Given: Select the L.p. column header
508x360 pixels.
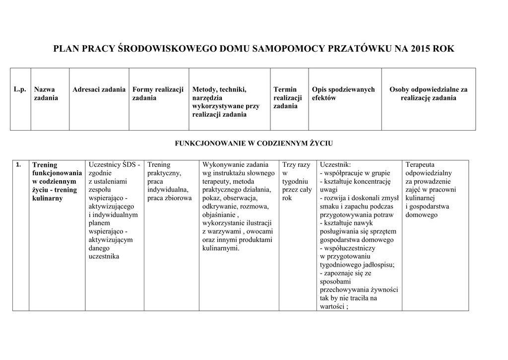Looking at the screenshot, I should pyautogui.click(x=19, y=89).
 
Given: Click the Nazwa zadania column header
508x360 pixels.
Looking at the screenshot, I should pyautogui.click(x=46, y=93).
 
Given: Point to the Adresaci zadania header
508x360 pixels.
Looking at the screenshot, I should pyautogui.click(x=99, y=89).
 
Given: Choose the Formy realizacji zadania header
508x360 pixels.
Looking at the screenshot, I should pyautogui.click(x=158, y=93).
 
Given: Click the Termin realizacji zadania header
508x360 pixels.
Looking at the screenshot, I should pyautogui.click(x=287, y=98).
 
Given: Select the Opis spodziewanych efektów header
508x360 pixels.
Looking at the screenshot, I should pyautogui.click(x=343, y=93).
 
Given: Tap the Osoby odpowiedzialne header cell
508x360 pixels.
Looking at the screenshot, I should pyautogui.click(x=428, y=93).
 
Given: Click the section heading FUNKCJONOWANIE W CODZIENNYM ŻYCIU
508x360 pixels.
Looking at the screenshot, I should pyautogui.click(x=254, y=143).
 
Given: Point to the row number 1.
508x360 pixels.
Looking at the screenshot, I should pyautogui.click(x=18, y=164).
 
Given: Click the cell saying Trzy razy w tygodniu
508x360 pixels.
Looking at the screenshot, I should pyautogui.click(x=296, y=181).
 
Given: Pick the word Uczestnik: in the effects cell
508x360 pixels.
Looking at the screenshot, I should pyautogui.click(x=335, y=164).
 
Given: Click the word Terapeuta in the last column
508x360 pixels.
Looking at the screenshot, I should pyautogui.click(x=420, y=164).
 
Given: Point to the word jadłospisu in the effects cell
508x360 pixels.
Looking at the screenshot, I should pyautogui.click(x=377, y=265).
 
